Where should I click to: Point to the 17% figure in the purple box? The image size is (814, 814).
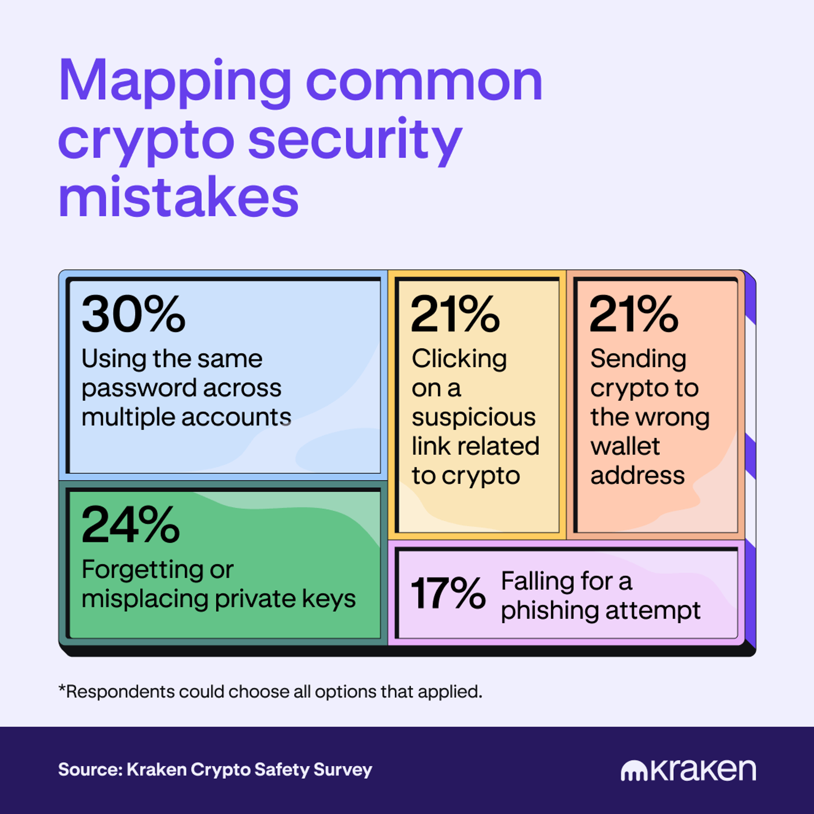coord(448,593)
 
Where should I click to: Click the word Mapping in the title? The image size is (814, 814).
coord(175,82)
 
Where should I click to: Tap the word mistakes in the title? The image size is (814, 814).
coord(179,198)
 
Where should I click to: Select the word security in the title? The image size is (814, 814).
coord(355,140)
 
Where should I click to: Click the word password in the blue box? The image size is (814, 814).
coord(137,388)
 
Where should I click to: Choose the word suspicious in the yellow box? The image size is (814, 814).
coord(474,418)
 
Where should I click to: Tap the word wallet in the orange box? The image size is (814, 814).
coord(625,446)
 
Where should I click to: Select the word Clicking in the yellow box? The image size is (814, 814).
coord(459,359)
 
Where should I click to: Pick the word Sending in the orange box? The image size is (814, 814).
coord(639,359)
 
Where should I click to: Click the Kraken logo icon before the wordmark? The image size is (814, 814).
coord(634,771)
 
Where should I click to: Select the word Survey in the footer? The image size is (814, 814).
coord(343,769)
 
